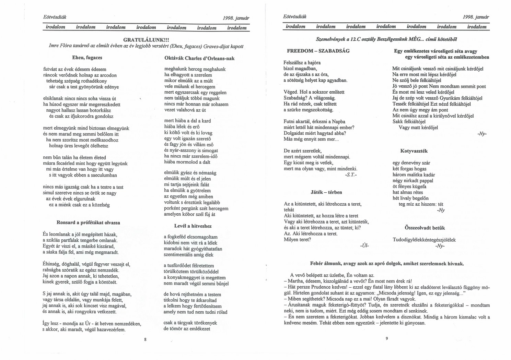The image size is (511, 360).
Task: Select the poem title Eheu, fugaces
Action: coord(87,57)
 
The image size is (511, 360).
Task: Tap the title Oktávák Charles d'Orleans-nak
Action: coord(199,58)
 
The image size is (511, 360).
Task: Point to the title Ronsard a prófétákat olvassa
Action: coord(88,223)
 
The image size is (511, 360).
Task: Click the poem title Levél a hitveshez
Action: coord(193,226)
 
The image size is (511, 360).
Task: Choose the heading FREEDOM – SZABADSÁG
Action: coord(318,51)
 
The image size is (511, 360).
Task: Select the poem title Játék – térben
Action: coord(326,192)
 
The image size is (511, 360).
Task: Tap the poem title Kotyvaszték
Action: coord(414,151)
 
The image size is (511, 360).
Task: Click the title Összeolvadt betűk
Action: coord(425,228)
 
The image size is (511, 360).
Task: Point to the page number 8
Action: coord(145,339)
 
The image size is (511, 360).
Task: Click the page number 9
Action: coord(386,339)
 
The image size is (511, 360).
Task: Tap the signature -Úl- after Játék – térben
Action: coord(364,245)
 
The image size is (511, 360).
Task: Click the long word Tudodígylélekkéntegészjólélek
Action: coord(424,240)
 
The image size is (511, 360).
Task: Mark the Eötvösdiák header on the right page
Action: coord(295,16)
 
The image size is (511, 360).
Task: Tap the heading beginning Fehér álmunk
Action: coord(387,264)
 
